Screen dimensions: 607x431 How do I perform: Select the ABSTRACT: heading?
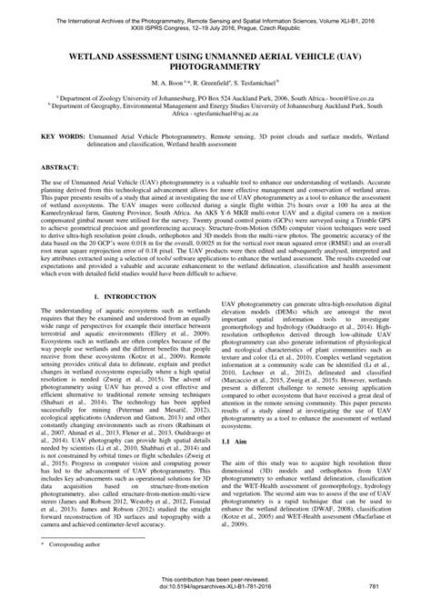63,170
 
